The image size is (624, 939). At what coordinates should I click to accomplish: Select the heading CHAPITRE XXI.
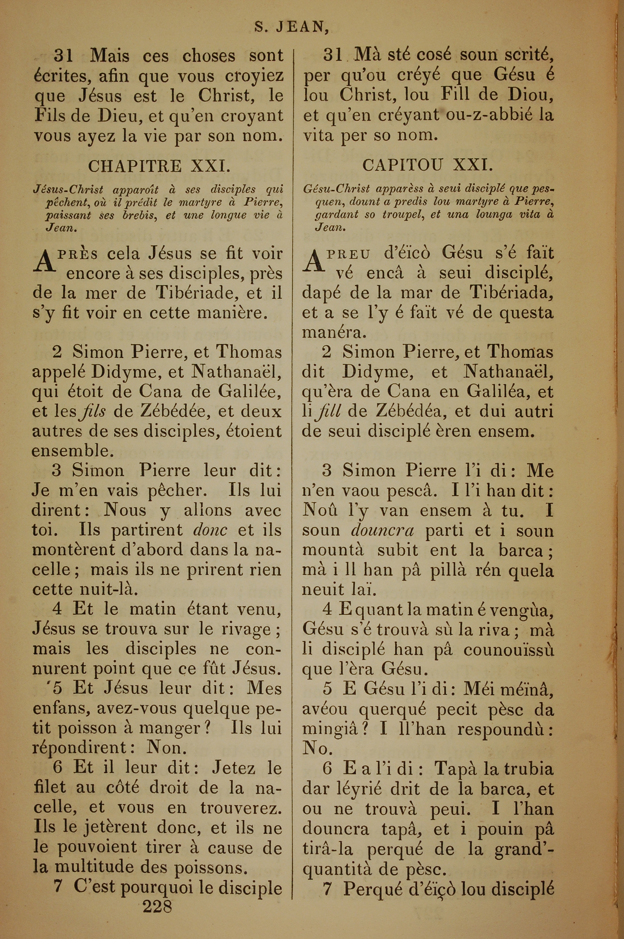pos(159,166)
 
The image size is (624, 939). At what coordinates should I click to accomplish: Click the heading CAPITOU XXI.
pos(427,165)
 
